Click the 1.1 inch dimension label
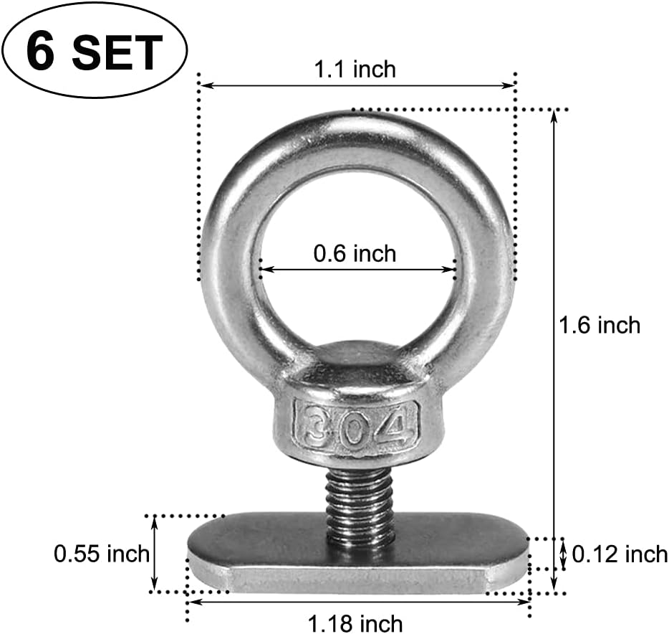click(355, 69)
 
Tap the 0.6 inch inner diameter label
click(355, 253)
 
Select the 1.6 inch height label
click(599, 325)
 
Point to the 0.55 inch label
click(102, 554)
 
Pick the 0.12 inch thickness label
click(620, 554)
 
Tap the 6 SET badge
click(94, 51)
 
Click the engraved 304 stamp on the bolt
click(356, 427)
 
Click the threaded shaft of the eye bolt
click(360, 506)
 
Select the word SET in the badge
click(117, 52)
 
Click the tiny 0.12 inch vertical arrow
click(564, 554)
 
